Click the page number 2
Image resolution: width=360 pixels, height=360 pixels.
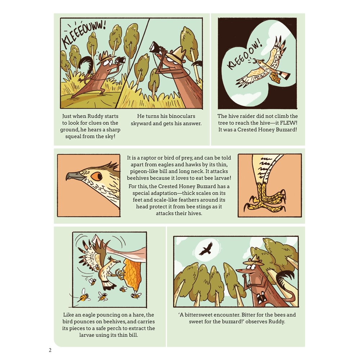point(50,350)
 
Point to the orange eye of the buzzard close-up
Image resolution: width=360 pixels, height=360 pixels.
point(96,176)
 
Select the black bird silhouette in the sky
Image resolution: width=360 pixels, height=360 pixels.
point(206,248)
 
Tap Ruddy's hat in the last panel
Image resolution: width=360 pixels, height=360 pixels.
point(255,261)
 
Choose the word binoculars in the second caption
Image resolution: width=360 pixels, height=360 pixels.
point(181,116)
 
